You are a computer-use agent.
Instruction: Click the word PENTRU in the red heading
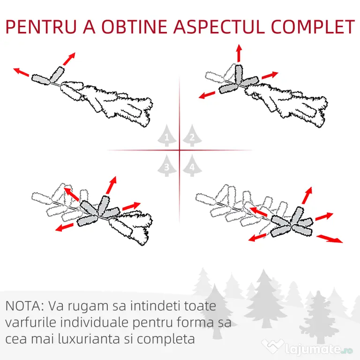pos(41,27)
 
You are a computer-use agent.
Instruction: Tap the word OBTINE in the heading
pos(135,27)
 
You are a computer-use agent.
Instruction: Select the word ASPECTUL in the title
pos(219,27)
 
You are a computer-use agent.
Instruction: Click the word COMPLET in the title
pos(313,27)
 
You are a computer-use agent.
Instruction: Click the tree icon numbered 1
pos(167,135)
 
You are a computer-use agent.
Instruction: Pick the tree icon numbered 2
pos(192,135)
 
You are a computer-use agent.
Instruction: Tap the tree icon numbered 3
pos(167,165)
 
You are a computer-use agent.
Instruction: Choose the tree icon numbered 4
pos(192,165)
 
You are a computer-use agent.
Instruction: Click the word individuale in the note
pos(94,322)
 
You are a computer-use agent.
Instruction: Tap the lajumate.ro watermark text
pos(318,349)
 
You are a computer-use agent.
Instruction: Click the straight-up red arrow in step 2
pos(239,53)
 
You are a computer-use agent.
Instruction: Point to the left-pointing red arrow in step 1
pos(21,72)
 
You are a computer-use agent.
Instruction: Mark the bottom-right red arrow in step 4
pos(330,239)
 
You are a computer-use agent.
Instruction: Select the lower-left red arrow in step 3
pos(65,227)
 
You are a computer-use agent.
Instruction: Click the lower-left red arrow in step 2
pos(207,95)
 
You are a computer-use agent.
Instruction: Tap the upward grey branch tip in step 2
pos(238,74)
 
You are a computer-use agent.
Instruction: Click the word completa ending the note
pos(166,339)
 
